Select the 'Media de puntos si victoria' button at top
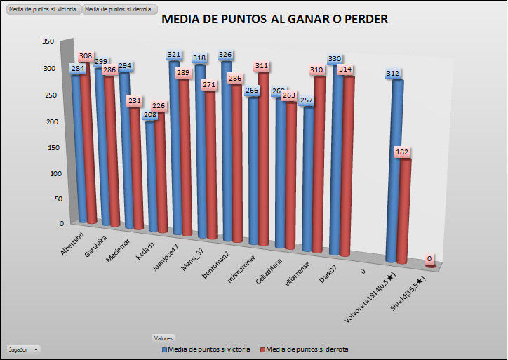coord(41,9)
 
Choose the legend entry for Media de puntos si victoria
coord(206,349)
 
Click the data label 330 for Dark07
coord(337,60)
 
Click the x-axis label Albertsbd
coord(73,243)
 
